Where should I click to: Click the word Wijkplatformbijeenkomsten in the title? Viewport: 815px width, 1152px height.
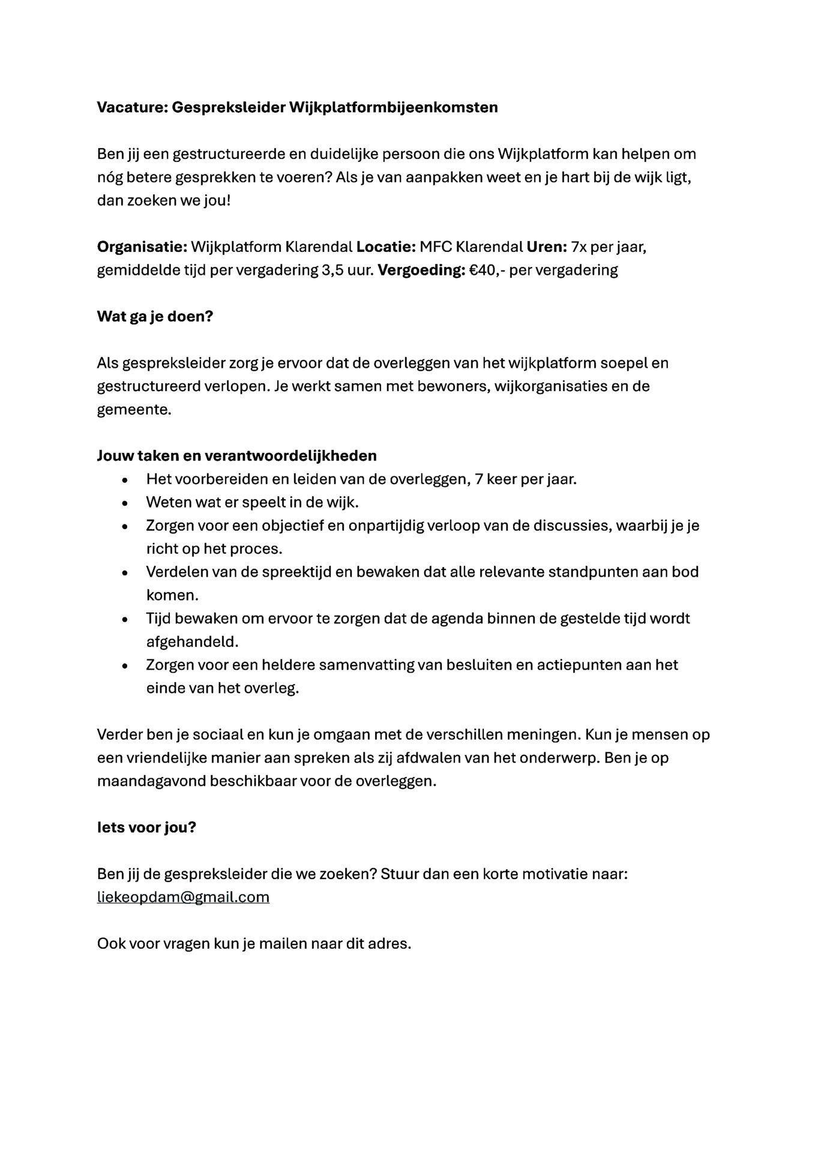pyautogui.click(x=393, y=107)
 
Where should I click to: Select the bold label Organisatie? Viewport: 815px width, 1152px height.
pyautogui.click(x=142, y=247)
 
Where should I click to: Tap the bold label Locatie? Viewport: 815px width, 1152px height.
pyautogui.click(x=386, y=247)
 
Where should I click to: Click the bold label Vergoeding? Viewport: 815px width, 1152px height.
pyautogui.click(x=421, y=270)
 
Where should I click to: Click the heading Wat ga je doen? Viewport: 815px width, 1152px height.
pyautogui.click(x=155, y=316)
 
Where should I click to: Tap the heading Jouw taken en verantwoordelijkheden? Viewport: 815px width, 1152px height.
pyautogui.click(x=236, y=455)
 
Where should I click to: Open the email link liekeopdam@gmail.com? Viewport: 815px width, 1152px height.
pyautogui.click(x=183, y=897)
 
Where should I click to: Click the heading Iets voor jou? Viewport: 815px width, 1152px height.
pyautogui.click(x=146, y=827)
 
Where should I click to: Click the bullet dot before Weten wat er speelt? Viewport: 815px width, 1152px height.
pyautogui.click(x=124, y=503)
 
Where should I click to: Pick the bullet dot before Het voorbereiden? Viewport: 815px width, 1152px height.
pyautogui.click(x=124, y=480)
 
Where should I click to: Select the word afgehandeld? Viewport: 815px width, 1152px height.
pyautogui.click(x=192, y=641)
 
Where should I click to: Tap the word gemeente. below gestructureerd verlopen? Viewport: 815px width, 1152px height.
pyautogui.click(x=134, y=410)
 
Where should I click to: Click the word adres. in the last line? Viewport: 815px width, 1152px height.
pyautogui.click(x=392, y=944)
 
